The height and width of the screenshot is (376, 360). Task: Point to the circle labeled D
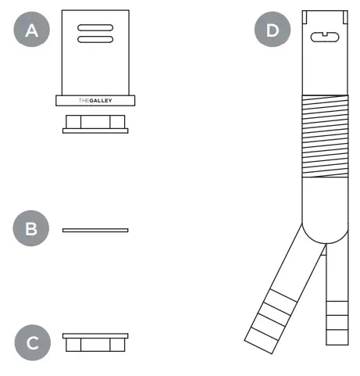tap(272, 30)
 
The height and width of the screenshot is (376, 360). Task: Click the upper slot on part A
tap(95, 28)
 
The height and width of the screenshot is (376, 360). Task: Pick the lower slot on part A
tap(95, 39)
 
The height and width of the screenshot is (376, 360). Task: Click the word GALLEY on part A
tap(102, 100)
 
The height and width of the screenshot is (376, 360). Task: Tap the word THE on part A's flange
tap(85, 100)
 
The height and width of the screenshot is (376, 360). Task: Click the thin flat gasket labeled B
tap(95, 230)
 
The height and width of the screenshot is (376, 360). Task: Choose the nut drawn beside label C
tap(95, 342)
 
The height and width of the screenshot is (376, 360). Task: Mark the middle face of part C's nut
tap(95, 345)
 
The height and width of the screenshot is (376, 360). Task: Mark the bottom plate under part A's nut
tap(95, 131)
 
